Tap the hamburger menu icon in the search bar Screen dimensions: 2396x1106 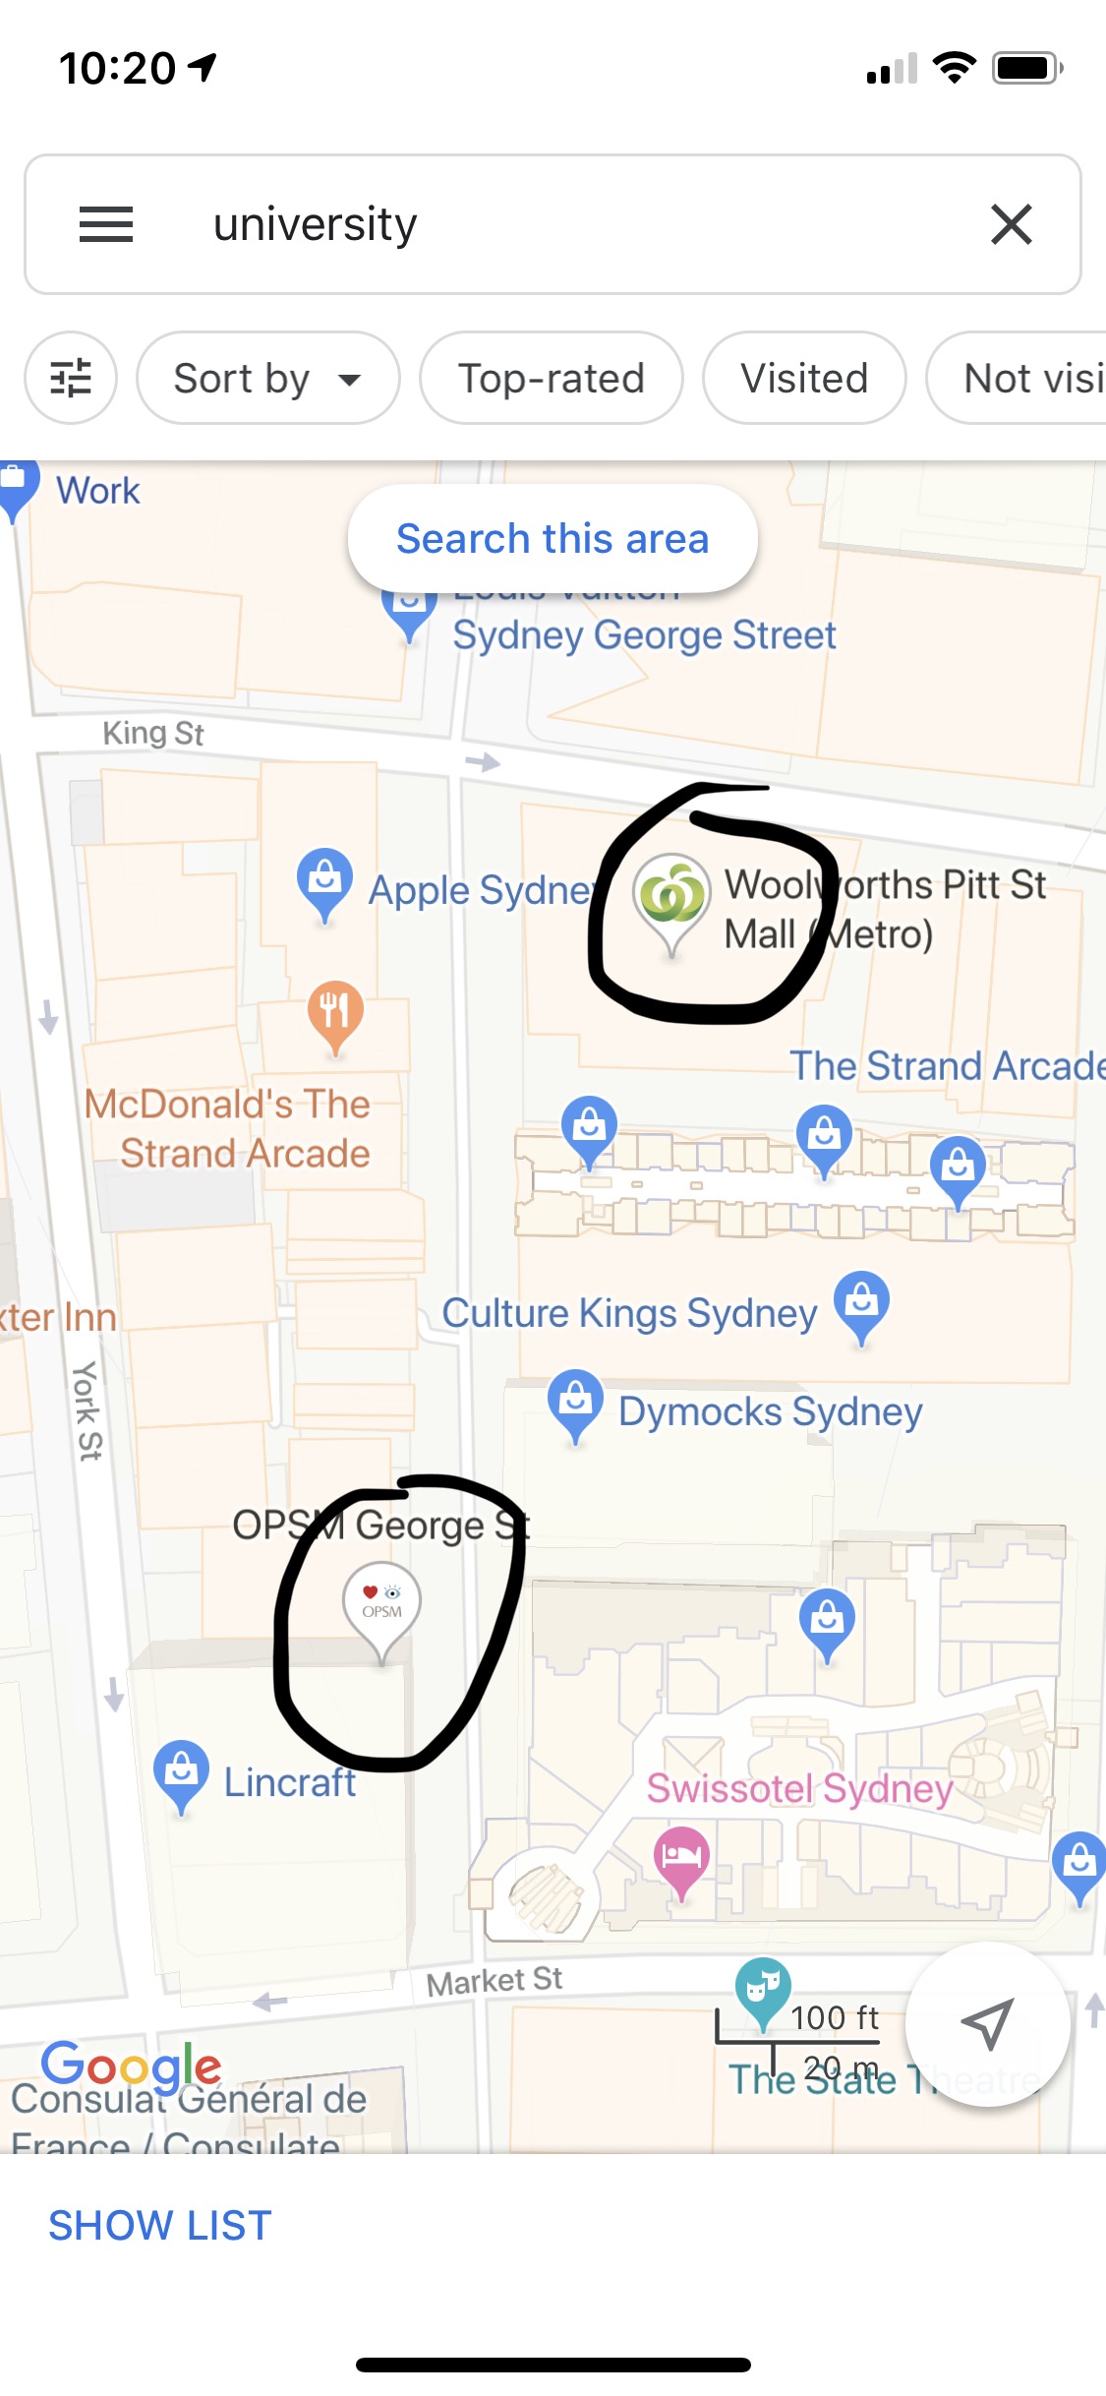point(105,224)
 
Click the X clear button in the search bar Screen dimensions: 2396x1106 point(1011,224)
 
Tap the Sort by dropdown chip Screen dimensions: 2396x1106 point(267,379)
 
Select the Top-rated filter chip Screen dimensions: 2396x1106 point(551,379)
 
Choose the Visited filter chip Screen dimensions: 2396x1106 point(803,379)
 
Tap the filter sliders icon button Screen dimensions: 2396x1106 point(71,379)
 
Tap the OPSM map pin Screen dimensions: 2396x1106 point(381,1603)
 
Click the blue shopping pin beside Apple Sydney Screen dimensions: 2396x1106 point(324,877)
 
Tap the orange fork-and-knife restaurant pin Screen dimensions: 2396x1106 point(335,1010)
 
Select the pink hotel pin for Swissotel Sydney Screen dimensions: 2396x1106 point(681,1857)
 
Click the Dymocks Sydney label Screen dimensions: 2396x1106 point(770,1411)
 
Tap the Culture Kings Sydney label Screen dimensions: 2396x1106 point(629,1313)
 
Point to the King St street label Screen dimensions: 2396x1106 point(153,734)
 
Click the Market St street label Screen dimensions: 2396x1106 point(495,1981)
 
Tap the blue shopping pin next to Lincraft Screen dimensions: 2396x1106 point(182,1771)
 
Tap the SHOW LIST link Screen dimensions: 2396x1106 point(160,2226)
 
